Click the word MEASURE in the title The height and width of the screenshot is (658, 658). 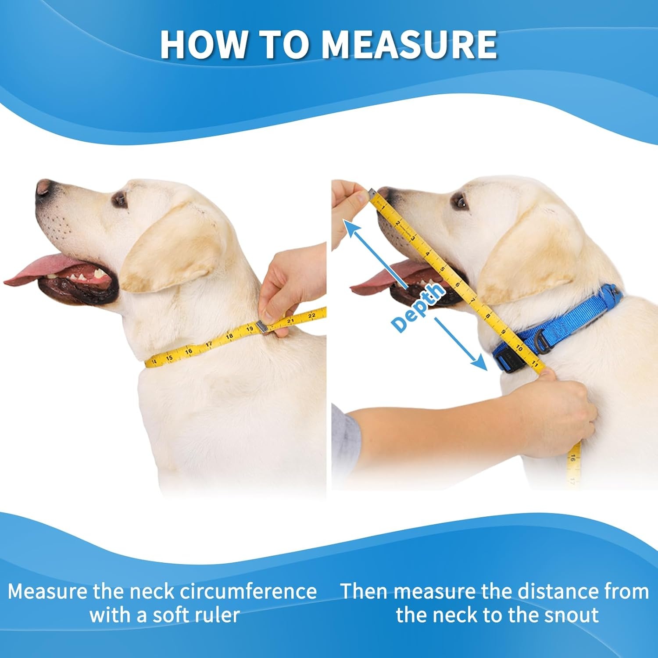[x=409, y=44]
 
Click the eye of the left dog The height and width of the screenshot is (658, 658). [x=119, y=200]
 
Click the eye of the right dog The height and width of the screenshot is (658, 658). [x=460, y=202]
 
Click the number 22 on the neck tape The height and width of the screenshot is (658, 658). [x=311, y=315]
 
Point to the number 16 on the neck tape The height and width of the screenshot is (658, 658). [x=189, y=351]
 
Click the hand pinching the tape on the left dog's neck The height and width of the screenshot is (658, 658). [x=290, y=290]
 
